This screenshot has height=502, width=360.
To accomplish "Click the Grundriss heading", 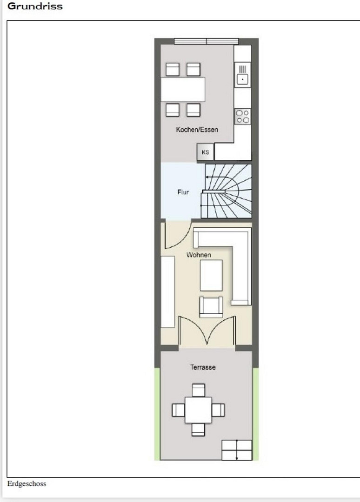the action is click(35, 6).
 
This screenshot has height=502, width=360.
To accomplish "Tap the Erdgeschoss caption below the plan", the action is click(27, 483).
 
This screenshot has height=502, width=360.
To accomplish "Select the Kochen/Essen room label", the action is click(197, 130).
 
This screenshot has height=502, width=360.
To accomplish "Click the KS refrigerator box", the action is click(205, 152).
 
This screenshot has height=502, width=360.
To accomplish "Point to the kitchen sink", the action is click(243, 74).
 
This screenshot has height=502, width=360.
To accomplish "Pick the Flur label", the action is click(183, 192).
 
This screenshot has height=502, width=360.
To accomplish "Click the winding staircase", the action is click(227, 191).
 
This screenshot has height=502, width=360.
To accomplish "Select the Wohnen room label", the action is click(199, 255).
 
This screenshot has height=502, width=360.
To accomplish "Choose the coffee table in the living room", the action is click(211, 275).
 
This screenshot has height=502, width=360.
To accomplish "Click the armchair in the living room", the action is click(211, 307).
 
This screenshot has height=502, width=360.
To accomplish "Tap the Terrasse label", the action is click(203, 367).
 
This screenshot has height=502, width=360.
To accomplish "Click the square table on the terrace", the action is click(198, 410).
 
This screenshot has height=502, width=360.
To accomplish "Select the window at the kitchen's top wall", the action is click(206, 41).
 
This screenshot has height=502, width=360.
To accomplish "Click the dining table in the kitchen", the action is click(183, 90).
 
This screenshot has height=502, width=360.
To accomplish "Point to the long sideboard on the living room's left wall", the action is click(167, 291).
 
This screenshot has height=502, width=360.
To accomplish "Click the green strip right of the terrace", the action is click(256, 414).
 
